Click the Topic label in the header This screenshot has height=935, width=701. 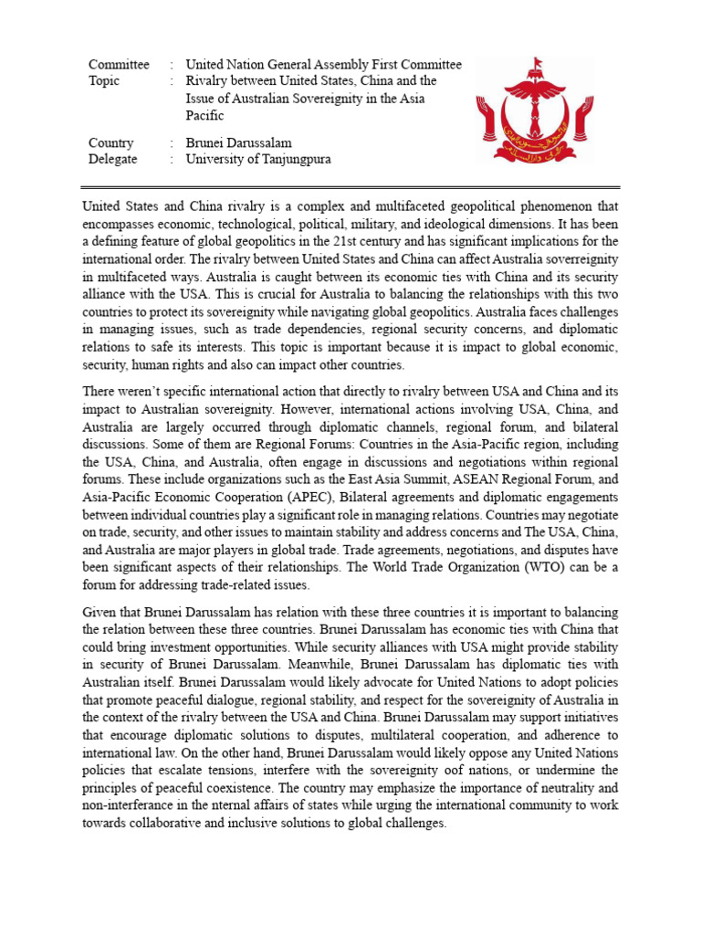(x=104, y=81)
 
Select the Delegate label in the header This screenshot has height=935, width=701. (x=112, y=159)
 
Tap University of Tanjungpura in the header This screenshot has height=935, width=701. (x=257, y=159)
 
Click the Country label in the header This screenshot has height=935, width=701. (x=110, y=142)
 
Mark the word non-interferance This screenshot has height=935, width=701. (x=131, y=805)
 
